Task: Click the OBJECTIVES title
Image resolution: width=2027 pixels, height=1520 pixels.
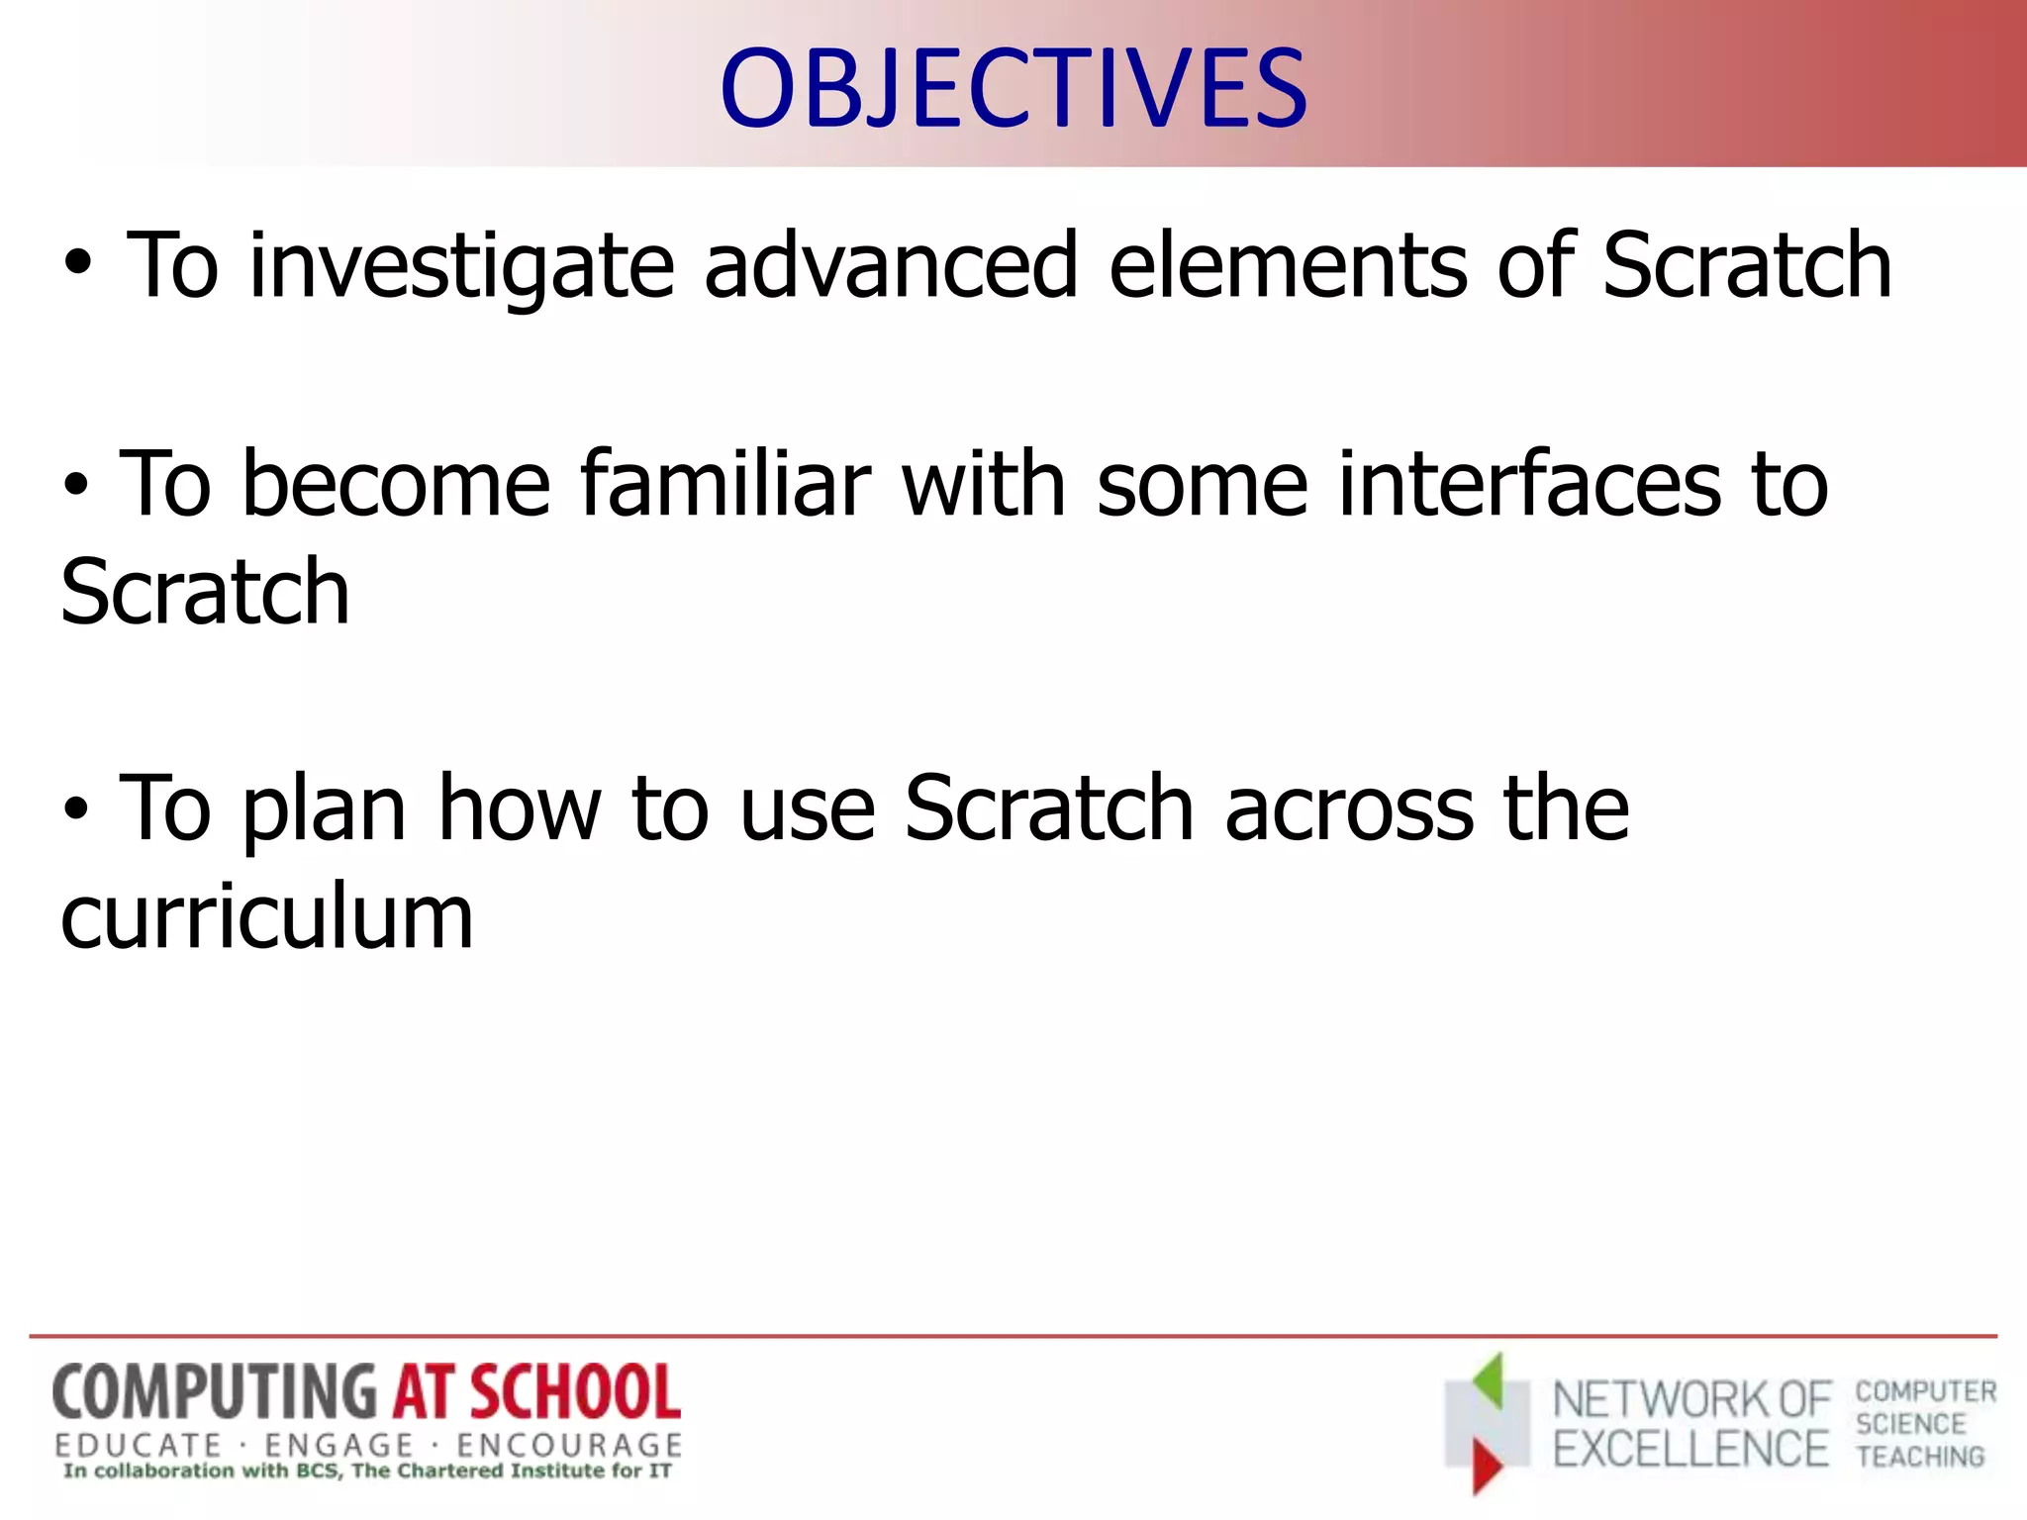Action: (1013, 89)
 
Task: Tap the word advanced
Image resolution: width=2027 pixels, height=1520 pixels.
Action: (890, 265)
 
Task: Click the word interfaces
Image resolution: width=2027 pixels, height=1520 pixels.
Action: (1529, 484)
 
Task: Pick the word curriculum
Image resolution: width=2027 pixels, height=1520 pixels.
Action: (267, 917)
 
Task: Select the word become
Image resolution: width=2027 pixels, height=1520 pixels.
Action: (396, 484)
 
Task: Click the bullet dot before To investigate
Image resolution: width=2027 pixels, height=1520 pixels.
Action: (78, 265)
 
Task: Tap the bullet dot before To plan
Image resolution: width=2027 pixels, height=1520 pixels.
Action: (75, 809)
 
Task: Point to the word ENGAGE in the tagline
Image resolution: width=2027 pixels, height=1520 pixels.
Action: (338, 1446)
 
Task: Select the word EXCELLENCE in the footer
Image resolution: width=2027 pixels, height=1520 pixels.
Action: (1690, 1450)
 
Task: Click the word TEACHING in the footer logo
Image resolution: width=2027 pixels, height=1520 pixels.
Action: (1920, 1457)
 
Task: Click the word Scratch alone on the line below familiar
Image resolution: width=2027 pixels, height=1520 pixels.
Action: (205, 593)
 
